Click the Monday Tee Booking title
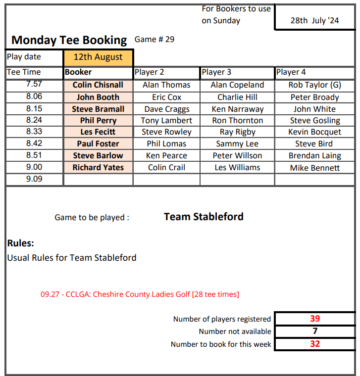click(69, 41)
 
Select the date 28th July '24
click(314, 21)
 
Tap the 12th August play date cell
click(98, 57)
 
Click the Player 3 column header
click(216, 72)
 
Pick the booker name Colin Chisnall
click(98, 85)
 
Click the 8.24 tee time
click(34, 120)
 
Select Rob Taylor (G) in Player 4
click(315, 85)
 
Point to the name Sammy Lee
click(237, 144)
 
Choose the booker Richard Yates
click(98, 167)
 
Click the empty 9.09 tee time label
click(34, 179)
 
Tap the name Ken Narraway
click(237, 109)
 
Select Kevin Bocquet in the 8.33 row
click(315, 132)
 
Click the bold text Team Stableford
click(204, 217)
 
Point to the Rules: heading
click(21, 243)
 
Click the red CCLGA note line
click(140, 294)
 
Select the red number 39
click(315, 319)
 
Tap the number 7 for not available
click(315, 331)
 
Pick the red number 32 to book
click(315, 344)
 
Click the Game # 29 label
click(154, 40)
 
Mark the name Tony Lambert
click(166, 121)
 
